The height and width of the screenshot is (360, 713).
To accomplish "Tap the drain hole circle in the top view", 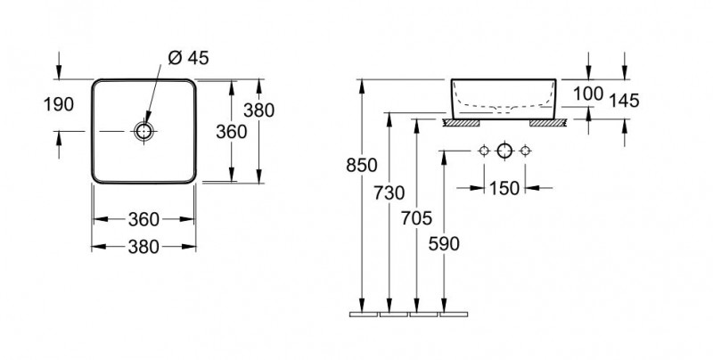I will pos(143,132).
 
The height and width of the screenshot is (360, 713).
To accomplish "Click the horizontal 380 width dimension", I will pos(143,247).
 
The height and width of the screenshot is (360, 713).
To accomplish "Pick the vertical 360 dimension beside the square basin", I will pos(231,131).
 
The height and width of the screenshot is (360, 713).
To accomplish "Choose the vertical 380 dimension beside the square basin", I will pos(258,110).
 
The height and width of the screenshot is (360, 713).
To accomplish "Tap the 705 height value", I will pos(417,218).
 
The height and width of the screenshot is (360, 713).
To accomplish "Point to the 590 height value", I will pos(445,244).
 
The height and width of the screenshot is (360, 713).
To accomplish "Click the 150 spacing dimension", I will pos(504,188).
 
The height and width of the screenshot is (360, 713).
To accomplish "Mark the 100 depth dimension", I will pos(589,94).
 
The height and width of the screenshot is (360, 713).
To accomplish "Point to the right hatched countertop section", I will pos(545,121).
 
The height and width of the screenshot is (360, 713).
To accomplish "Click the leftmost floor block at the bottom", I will pos(364,314).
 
